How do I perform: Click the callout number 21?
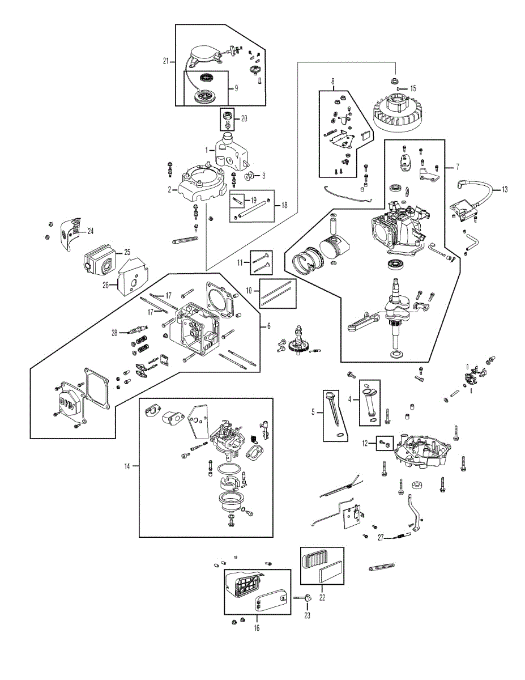click(x=165, y=61)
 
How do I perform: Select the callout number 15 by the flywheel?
click(x=413, y=88)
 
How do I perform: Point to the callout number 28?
click(x=114, y=333)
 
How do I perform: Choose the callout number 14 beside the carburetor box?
click(x=127, y=466)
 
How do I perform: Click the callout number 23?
click(x=307, y=615)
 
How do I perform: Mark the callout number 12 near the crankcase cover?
click(x=365, y=442)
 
